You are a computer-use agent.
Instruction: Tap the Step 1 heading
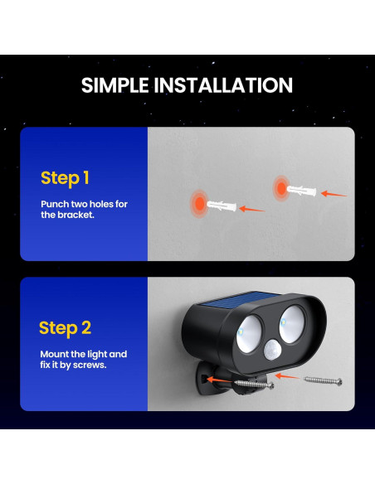click(65, 178)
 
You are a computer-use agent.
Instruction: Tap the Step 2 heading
click(65, 328)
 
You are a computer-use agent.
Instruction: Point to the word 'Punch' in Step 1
click(56, 204)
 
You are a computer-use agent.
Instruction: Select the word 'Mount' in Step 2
click(56, 354)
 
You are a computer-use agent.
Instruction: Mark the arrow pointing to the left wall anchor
click(252, 209)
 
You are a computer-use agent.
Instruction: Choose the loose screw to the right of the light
click(323, 380)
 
